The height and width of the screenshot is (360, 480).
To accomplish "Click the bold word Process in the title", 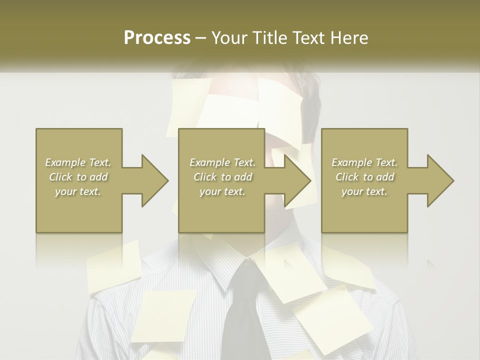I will [157, 38].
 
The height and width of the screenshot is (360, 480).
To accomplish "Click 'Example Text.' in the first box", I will [78, 162].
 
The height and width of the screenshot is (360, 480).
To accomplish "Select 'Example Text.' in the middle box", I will [222, 162].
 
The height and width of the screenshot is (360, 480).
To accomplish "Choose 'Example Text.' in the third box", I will [364, 162].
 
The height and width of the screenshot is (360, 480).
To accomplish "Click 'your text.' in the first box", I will [78, 191].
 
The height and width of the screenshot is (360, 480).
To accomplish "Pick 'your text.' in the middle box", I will [222, 191].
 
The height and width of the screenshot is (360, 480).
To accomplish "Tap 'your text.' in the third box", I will [364, 191].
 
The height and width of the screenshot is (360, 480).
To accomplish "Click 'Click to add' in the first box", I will [78, 177].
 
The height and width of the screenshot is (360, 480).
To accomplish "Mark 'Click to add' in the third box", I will [364, 177].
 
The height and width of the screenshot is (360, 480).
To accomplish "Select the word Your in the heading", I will [229, 38].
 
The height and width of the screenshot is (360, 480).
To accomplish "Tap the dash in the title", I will [200, 38].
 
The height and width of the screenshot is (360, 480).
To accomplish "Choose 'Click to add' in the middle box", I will [222, 177].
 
